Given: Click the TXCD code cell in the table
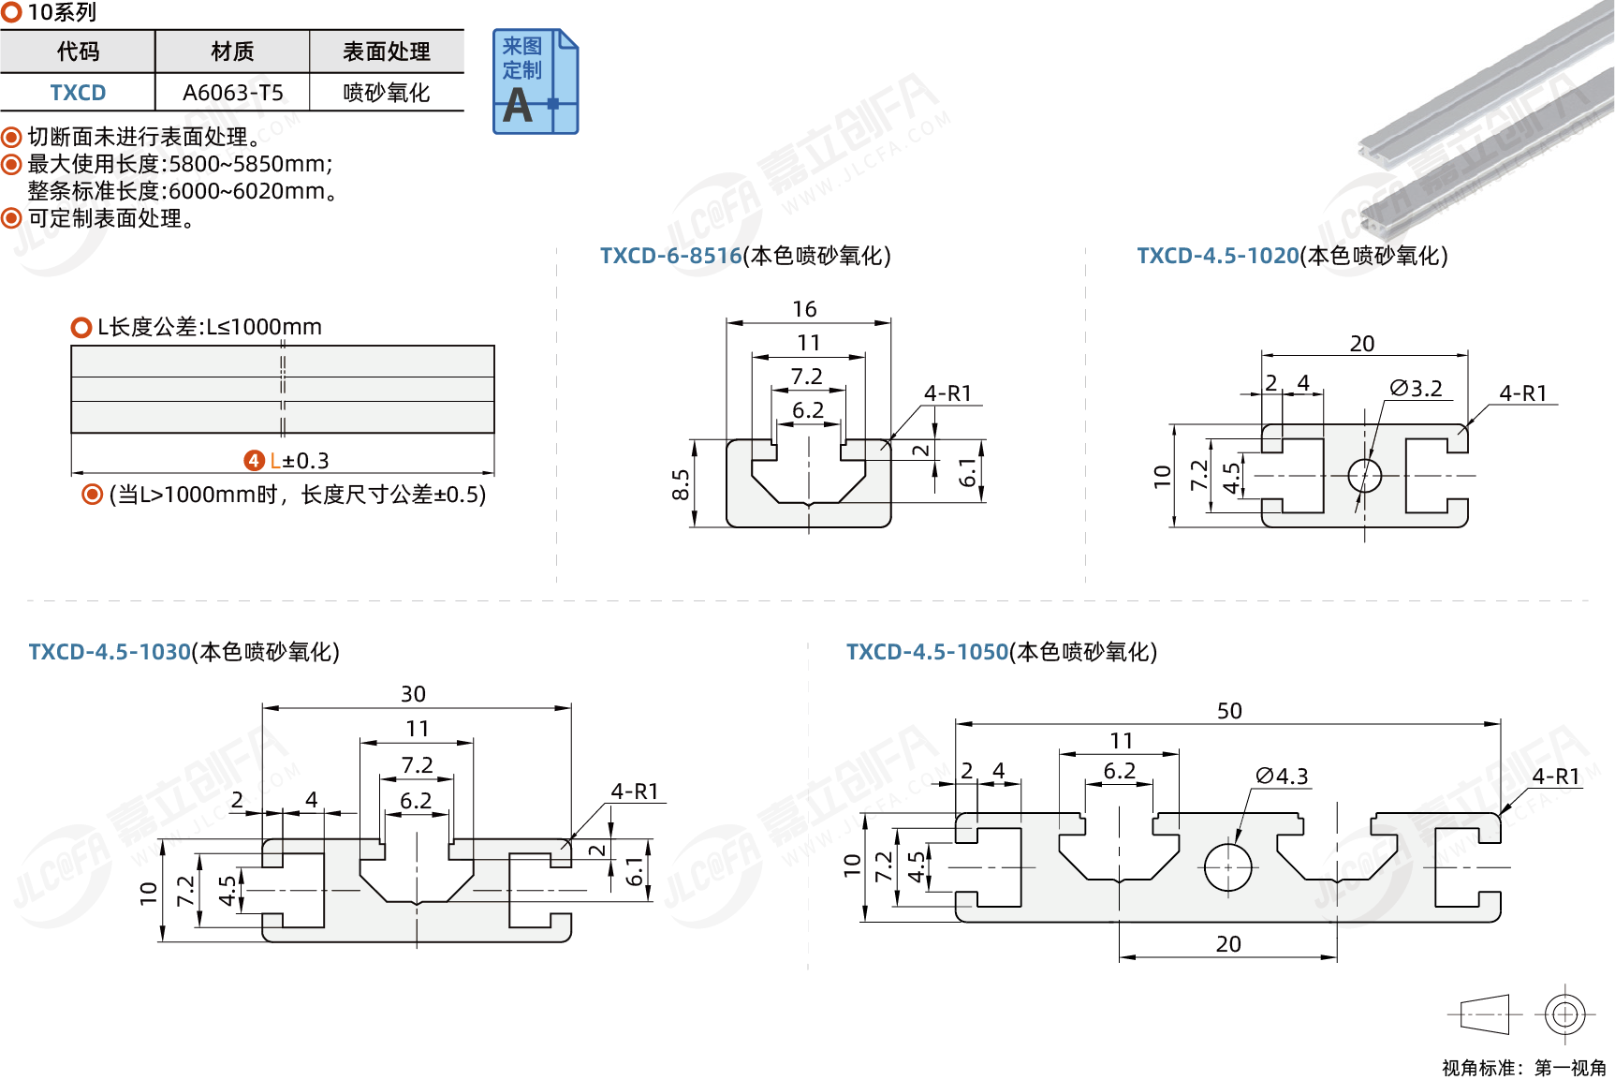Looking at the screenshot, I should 78,93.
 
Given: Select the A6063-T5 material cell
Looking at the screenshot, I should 232,93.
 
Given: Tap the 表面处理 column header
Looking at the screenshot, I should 386,52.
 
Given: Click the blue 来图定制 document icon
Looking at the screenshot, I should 536,81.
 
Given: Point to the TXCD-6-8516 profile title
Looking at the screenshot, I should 670,256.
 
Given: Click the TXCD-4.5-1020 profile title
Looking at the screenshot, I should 1217,256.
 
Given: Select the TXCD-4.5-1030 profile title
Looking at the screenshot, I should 110,652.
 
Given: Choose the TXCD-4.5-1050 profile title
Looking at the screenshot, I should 927,652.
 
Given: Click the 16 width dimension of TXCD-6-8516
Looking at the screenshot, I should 804,309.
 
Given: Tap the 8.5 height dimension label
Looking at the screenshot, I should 681,485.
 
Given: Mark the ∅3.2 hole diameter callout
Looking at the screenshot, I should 1416,388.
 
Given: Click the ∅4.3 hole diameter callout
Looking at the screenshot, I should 1282,776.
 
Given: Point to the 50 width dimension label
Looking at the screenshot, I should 1229,711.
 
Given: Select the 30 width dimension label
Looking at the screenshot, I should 413,694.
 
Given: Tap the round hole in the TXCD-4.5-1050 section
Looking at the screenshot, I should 1227,866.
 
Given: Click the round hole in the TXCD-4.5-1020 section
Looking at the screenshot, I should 1364,476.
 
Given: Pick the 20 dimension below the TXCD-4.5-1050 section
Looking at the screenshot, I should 1228,944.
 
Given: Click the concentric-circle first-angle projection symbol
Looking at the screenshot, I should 1564,1013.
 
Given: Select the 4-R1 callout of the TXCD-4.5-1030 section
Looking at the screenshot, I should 635,792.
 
